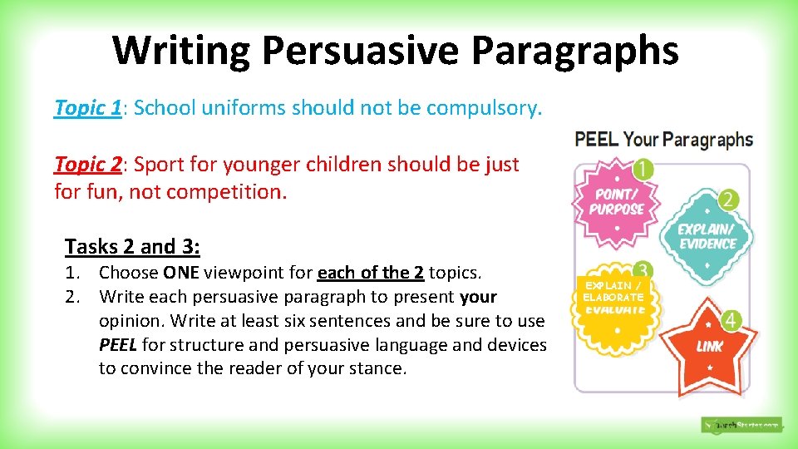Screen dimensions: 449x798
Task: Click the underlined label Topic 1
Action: (x=87, y=107)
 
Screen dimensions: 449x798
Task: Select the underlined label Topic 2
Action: (x=87, y=165)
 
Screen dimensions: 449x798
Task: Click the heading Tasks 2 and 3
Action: (x=132, y=246)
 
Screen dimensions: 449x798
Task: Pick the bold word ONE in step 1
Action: (x=180, y=273)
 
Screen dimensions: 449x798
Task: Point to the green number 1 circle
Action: (x=642, y=170)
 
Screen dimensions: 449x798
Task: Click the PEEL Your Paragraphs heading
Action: (x=663, y=139)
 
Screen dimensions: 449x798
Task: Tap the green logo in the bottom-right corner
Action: (x=741, y=425)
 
